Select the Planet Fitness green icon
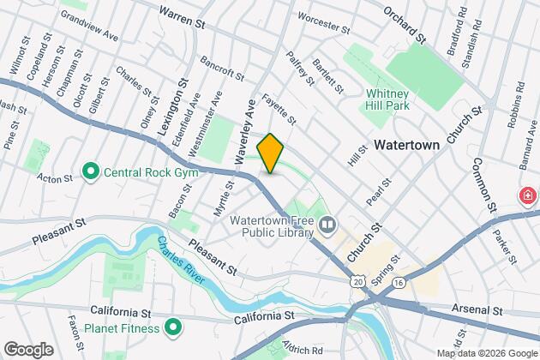pyautogui.click(x=172, y=327)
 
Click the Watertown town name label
pyautogui.click(x=406, y=145)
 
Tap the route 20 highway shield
pyautogui.click(x=357, y=281)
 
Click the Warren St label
pyautogui.click(x=183, y=13)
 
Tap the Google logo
pyautogui.click(x=27, y=350)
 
